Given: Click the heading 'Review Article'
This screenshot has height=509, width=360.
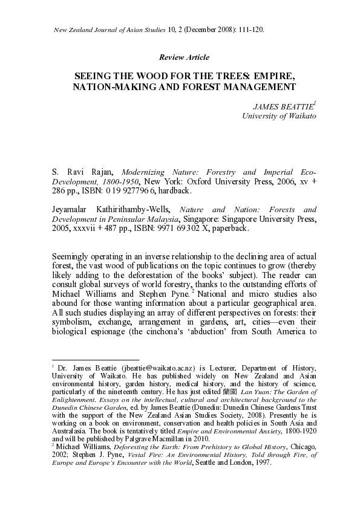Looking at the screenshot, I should (x=183, y=57).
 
